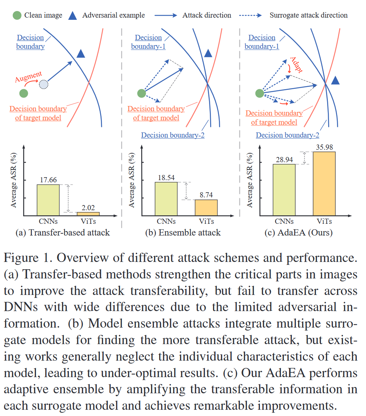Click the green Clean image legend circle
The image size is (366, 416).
17,15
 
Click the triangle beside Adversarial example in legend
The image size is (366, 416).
73,15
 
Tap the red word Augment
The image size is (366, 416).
28,77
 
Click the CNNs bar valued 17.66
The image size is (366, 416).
48,200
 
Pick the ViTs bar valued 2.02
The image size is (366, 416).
88,214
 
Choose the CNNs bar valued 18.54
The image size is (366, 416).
166,198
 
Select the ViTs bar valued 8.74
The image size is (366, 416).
206,207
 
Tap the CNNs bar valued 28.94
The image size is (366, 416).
284,189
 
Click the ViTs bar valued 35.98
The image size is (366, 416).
324,183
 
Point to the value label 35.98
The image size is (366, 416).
324,147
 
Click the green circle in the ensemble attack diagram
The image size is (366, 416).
141,94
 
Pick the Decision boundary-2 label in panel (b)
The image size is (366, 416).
173,135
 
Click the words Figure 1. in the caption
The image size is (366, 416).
28,258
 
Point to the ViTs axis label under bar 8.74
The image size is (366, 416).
206,221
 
